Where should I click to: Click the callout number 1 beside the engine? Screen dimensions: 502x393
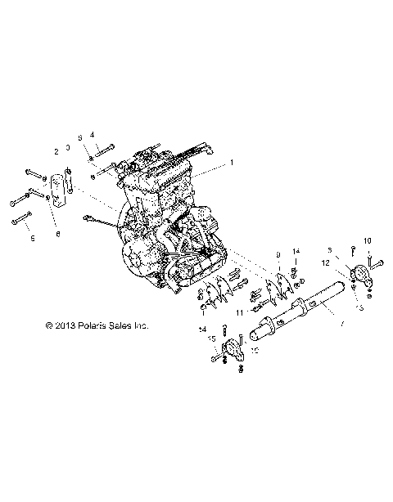(232, 163)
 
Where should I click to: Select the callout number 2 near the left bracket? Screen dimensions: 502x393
(56, 151)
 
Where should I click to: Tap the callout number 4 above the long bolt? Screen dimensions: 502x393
(93, 134)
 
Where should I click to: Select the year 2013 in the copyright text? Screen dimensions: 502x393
(64, 325)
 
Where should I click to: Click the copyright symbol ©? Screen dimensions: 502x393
(48, 325)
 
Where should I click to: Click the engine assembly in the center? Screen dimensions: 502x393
(164, 221)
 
